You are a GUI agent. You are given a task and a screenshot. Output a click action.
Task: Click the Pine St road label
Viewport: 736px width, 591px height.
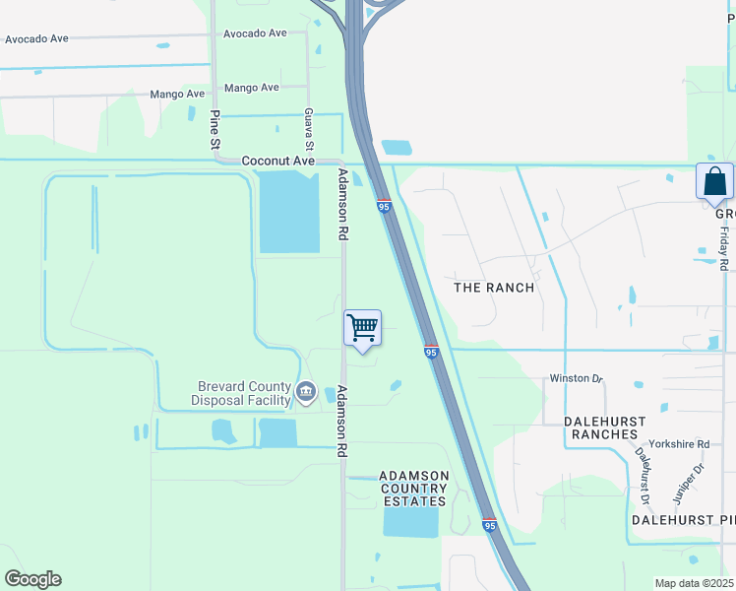click(215, 129)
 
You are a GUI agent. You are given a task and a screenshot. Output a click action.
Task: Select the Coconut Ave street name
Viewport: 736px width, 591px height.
click(280, 161)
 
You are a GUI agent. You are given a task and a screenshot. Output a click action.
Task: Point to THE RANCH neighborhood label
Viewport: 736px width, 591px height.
click(493, 288)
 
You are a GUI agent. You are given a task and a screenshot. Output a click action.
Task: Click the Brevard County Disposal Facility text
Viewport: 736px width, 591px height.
click(241, 394)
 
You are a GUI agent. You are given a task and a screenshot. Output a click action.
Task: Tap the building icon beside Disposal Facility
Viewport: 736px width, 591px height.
click(306, 394)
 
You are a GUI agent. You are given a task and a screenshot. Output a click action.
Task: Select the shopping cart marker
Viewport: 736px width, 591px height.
click(363, 327)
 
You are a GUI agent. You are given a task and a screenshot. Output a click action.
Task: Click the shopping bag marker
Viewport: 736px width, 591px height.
click(714, 182)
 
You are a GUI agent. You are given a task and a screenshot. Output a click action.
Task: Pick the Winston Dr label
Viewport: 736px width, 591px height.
click(576, 378)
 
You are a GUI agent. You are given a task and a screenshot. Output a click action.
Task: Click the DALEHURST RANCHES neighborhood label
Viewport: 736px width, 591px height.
click(605, 427)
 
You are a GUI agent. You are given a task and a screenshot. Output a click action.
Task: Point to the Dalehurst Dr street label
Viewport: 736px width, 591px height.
click(644, 471)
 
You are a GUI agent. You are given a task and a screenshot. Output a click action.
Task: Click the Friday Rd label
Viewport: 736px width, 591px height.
click(723, 248)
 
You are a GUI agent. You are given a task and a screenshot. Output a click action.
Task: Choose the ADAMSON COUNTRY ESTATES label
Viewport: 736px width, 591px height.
click(414, 489)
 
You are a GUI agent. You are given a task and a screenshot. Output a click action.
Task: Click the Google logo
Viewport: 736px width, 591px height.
click(32, 579)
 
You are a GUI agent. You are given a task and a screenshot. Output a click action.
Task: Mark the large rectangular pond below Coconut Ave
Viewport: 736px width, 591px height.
click(289, 212)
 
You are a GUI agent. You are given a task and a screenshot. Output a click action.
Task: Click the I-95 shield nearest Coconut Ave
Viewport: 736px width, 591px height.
click(384, 205)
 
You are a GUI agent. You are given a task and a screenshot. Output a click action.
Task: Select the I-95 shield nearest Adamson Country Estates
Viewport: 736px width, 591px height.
click(489, 525)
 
